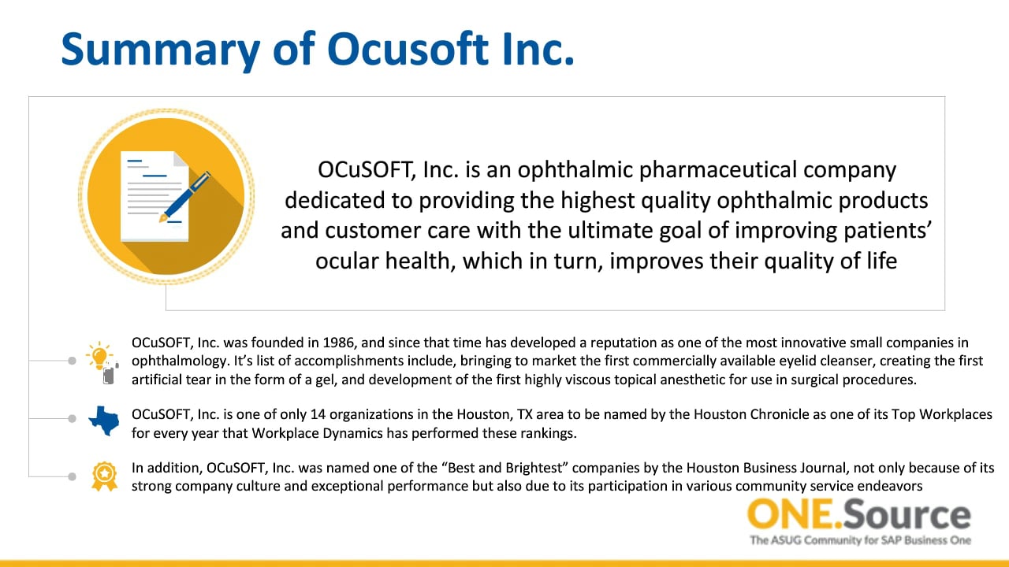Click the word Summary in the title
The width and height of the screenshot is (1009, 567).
(x=160, y=50)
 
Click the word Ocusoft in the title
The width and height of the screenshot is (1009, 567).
(x=408, y=49)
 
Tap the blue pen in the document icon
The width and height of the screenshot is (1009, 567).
(x=184, y=197)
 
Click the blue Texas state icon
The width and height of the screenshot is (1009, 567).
(x=104, y=421)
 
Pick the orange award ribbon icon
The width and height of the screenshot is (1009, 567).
(x=105, y=476)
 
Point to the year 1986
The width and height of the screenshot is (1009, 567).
(x=339, y=343)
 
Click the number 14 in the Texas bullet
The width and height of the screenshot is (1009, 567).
(x=318, y=414)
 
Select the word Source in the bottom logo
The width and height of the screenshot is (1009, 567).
(x=907, y=514)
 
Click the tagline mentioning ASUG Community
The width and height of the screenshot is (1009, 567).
(x=860, y=540)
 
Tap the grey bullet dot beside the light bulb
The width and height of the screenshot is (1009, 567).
(x=72, y=361)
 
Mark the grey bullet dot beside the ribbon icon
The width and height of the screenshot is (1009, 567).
(x=72, y=476)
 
